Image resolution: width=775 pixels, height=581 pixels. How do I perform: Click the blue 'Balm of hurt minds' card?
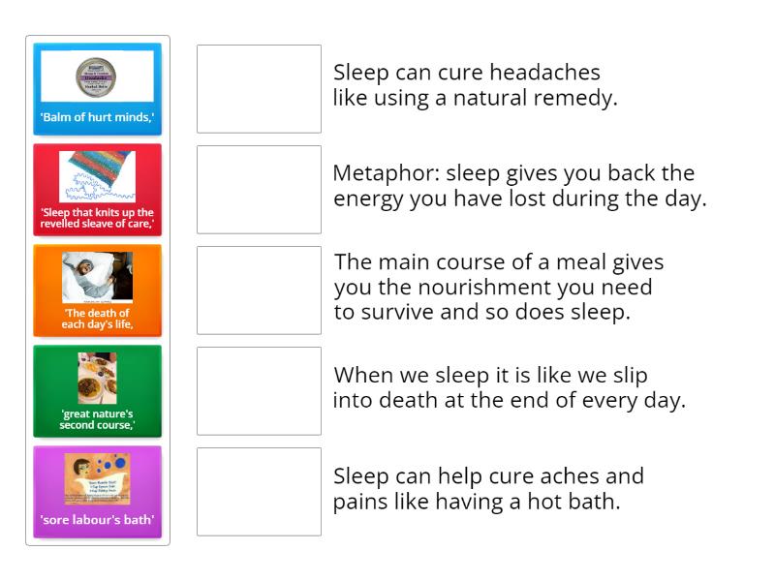tap(97, 89)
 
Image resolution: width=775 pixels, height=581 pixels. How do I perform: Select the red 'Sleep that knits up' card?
tap(97, 190)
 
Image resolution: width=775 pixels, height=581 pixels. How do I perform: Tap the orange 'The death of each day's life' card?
tap(97, 290)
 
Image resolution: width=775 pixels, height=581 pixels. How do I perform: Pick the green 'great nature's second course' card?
tap(97, 391)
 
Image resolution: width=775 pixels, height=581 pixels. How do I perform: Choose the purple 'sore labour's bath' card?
tap(97, 492)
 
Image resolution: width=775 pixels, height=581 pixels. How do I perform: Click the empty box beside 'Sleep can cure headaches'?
tap(259, 89)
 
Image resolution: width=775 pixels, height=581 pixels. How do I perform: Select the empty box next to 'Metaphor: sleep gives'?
tap(259, 190)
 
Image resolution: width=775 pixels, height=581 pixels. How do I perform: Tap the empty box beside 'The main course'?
tap(259, 290)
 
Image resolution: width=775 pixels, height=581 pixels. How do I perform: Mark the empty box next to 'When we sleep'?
tap(259, 391)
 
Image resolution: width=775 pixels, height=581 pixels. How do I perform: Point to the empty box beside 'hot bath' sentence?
tap(259, 492)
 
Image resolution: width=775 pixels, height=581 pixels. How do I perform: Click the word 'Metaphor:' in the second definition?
tap(378, 174)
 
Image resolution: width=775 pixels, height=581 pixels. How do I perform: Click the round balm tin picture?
tap(97, 75)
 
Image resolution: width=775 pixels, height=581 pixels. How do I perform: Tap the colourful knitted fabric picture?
tap(97, 176)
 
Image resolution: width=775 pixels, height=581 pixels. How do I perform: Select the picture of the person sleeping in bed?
tap(97, 276)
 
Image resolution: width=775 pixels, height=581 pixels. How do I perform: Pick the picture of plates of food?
tap(97, 377)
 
